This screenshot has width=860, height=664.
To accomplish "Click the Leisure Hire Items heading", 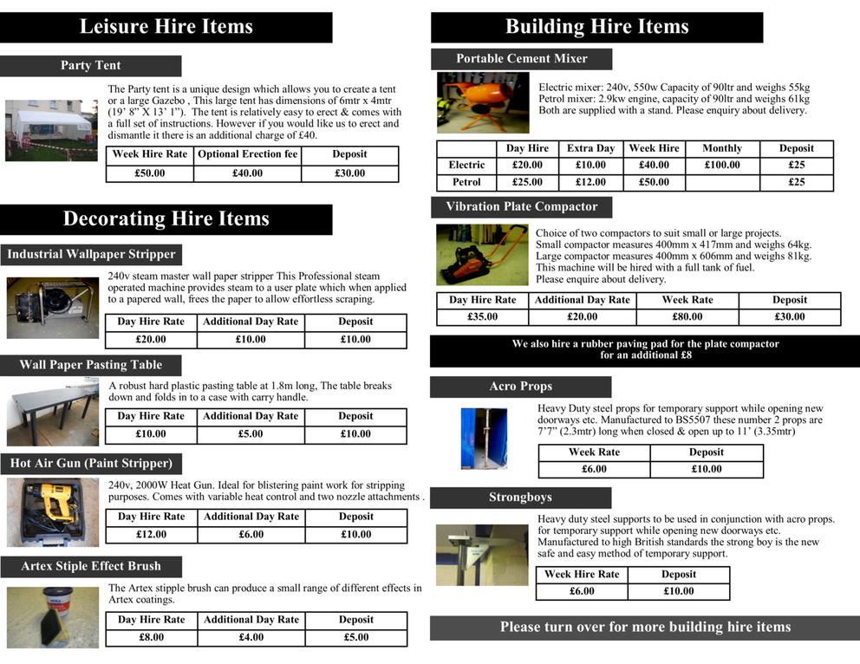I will [x=166, y=27].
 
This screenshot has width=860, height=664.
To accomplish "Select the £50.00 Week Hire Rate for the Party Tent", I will [x=150, y=173].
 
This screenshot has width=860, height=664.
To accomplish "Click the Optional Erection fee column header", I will [x=247, y=154].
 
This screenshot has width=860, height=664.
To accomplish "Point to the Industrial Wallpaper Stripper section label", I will [x=91, y=254].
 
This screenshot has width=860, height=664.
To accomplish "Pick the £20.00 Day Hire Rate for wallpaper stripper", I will [x=151, y=339].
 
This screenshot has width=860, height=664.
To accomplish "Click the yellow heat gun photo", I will [x=52, y=511].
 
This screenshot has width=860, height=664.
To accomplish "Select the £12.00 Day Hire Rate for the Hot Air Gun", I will [x=151, y=534].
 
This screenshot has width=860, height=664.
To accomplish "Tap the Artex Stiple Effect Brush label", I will [x=91, y=566].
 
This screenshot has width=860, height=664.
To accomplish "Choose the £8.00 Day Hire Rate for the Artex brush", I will [x=151, y=637].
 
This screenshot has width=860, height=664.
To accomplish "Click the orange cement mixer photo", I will [x=483, y=102].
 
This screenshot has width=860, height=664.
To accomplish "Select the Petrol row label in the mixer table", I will [x=466, y=182].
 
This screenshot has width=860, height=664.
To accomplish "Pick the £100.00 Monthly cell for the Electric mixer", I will [x=722, y=165].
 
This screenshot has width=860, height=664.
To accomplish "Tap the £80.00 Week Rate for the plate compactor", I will [x=687, y=316].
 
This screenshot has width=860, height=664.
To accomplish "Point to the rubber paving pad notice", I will [x=645, y=349].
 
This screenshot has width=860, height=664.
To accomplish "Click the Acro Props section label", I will [x=520, y=387].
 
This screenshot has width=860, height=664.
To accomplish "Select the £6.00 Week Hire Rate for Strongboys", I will [x=582, y=591].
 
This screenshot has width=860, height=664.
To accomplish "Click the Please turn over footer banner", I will [x=645, y=627].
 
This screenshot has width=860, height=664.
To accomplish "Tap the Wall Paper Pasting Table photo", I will [x=52, y=413].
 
